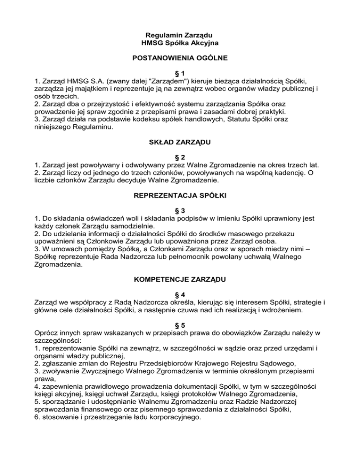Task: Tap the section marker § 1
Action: (180, 73)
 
